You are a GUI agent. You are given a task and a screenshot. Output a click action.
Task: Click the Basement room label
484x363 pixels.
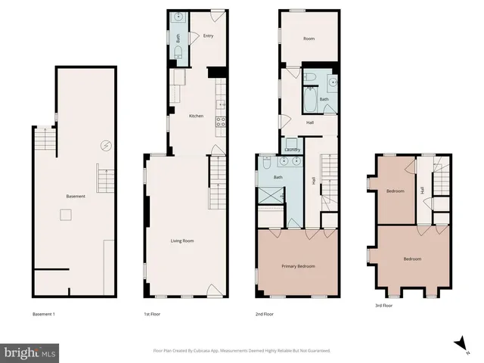(x=75, y=197)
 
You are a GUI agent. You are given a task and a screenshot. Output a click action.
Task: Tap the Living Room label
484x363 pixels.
(x=182, y=240)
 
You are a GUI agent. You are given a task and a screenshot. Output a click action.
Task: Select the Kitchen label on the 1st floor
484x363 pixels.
(x=196, y=116)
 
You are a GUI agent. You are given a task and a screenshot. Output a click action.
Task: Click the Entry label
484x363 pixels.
(x=209, y=36)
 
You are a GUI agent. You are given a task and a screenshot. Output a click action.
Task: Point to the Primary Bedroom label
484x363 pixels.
(x=298, y=266)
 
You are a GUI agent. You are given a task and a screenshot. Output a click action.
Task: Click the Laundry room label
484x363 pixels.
(x=293, y=149)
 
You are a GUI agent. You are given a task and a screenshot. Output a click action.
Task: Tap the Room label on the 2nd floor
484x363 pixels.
(x=309, y=38)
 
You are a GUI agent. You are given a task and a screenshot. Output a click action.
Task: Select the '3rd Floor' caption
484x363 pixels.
(x=384, y=306)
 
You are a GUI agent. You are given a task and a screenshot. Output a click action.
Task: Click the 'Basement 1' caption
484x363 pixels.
(x=45, y=313)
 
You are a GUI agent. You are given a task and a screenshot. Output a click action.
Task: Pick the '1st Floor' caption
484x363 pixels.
(x=152, y=313)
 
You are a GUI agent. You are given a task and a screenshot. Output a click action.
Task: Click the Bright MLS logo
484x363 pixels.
(x=30, y=352)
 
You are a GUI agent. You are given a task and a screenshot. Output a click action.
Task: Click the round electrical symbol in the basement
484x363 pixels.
(x=106, y=145)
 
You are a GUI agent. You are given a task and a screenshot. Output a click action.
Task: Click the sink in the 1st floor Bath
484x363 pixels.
(x=178, y=17)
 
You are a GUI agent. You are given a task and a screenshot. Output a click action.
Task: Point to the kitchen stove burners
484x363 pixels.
(x=221, y=121)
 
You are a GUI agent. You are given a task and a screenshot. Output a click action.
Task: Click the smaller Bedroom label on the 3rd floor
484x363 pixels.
(x=395, y=191)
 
